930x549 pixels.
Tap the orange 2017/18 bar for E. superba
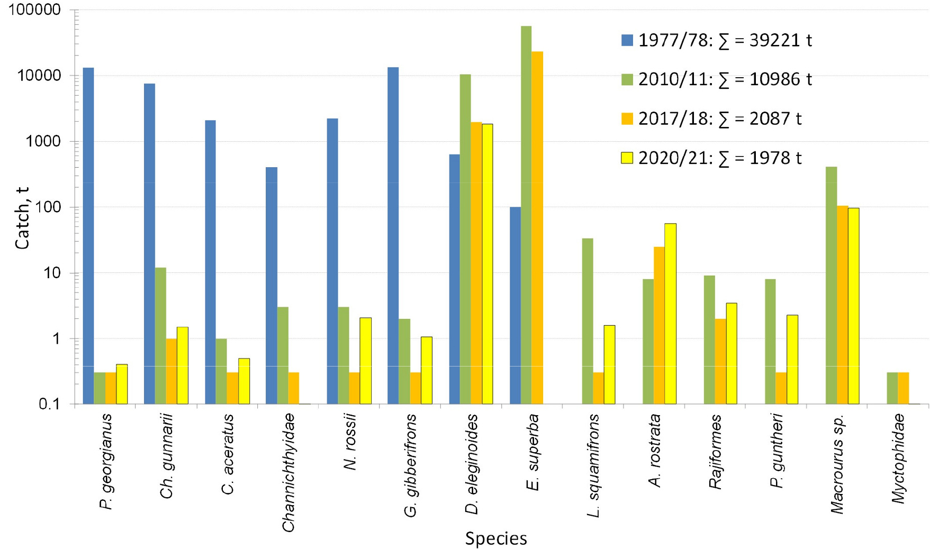pyautogui.click(x=537, y=227)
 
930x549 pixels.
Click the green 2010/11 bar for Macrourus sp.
pyautogui.click(x=831, y=286)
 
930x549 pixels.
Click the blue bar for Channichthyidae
pyautogui.click(x=271, y=286)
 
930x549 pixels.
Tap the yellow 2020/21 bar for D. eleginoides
pyautogui.click(x=487, y=264)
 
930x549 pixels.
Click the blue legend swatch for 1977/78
pyautogui.click(x=627, y=40)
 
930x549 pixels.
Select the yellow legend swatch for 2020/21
pyautogui.click(x=627, y=158)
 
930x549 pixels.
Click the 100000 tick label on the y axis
pyautogui.click(x=34, y=10)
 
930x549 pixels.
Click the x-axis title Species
pyautogui.click(x=496, y=538)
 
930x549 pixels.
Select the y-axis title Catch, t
pyautogui.click(x=22, y=218)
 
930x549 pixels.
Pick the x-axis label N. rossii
pyautogui.click(x=350, y=442)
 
